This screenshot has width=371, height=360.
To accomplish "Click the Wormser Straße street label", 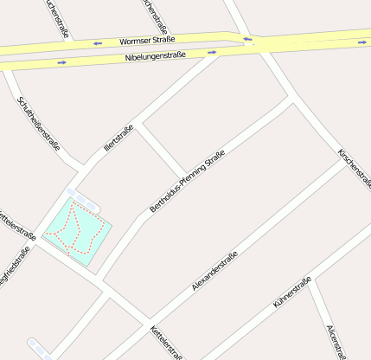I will coord(147,40).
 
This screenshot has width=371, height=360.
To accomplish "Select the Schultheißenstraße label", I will coord(39,123).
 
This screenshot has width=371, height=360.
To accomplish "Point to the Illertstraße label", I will coord(118,139).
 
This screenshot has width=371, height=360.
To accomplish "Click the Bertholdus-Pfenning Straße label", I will coord(188,182).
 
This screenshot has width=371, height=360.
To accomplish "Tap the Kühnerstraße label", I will coord(291,292).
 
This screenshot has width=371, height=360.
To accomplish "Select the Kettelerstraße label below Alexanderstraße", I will coord(167,343).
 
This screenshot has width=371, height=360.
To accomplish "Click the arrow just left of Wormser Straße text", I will coord(98,42).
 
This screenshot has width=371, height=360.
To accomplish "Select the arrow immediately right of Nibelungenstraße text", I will coord(212,52).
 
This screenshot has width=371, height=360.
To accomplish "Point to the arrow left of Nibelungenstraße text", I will coord(61,62).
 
